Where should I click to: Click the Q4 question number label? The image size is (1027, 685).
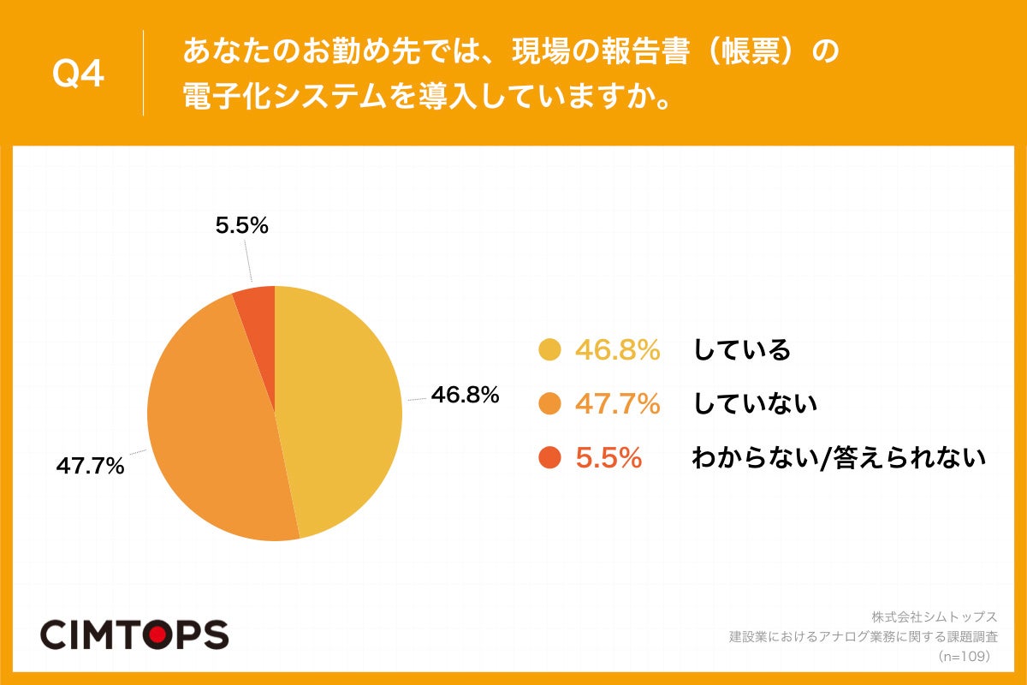coord(78,74)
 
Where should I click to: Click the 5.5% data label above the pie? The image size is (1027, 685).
coord(242,226)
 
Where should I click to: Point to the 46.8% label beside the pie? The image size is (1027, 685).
coord(465,395)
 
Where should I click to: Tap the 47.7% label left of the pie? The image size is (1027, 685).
coord(91,467)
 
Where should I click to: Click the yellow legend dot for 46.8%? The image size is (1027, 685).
coord(549,350)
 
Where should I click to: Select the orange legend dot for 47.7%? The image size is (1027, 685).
coord(549,403)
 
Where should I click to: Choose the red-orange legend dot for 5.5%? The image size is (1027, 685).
coord(549,458)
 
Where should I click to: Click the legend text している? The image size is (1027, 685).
coord(741,350)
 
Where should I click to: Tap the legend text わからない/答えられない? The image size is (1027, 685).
coord(839,458)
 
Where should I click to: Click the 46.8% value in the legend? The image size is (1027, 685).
coord(617,350)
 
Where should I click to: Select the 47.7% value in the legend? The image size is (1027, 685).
coord(617,403)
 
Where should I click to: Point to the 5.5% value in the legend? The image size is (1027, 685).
coord(608,458)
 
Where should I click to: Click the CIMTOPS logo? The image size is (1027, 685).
coord(134,634)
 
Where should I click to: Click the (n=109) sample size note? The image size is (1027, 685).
coord(964,657)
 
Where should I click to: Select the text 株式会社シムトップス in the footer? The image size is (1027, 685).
coord(935,616)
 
